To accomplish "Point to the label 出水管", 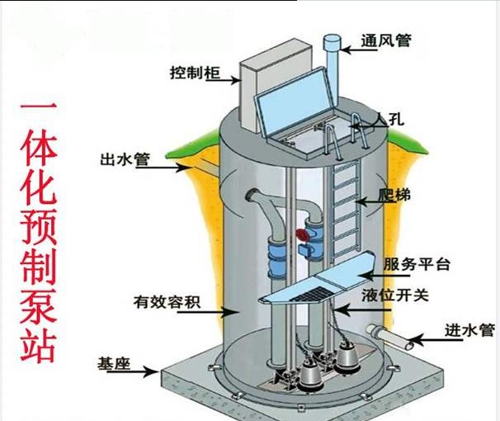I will click(124, 159).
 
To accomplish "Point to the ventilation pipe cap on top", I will click(333, 40).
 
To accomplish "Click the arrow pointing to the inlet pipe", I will click(426, 338).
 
